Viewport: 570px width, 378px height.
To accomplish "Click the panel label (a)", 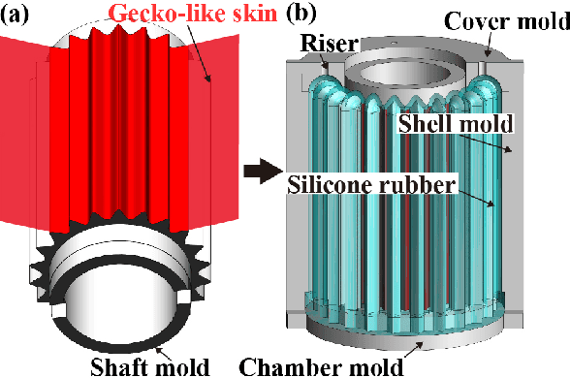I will tap(17, 16).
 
